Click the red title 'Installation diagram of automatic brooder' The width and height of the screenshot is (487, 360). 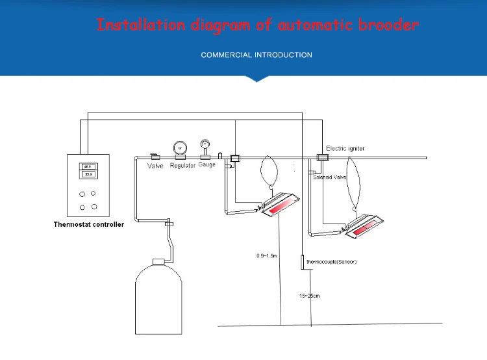tap(258, 25)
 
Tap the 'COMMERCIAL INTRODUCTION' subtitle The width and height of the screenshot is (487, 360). tap(256, 55)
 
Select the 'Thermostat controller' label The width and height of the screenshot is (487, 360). tap(88, 225)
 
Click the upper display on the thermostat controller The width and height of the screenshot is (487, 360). tap(88, 166)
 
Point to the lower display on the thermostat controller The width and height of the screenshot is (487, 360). tap(88, 175)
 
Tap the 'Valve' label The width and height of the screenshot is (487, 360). tap(155, 166)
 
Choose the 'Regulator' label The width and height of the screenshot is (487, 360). tap(182, 166)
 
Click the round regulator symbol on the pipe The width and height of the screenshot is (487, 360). tap(179, 148)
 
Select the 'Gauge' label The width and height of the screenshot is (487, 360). tap(207, 165)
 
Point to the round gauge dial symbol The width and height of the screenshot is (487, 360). tap(205, 144)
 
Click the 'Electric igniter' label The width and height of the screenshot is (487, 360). tap(345, 148)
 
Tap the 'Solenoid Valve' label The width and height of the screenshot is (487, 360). tap(331, 177)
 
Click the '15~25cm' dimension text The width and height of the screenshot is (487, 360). tap(309, 296)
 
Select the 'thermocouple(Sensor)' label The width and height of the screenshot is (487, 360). tap(331, 262)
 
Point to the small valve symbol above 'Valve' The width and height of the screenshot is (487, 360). tap(155, 157)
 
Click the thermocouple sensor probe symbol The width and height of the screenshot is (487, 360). tap(302, 263)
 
